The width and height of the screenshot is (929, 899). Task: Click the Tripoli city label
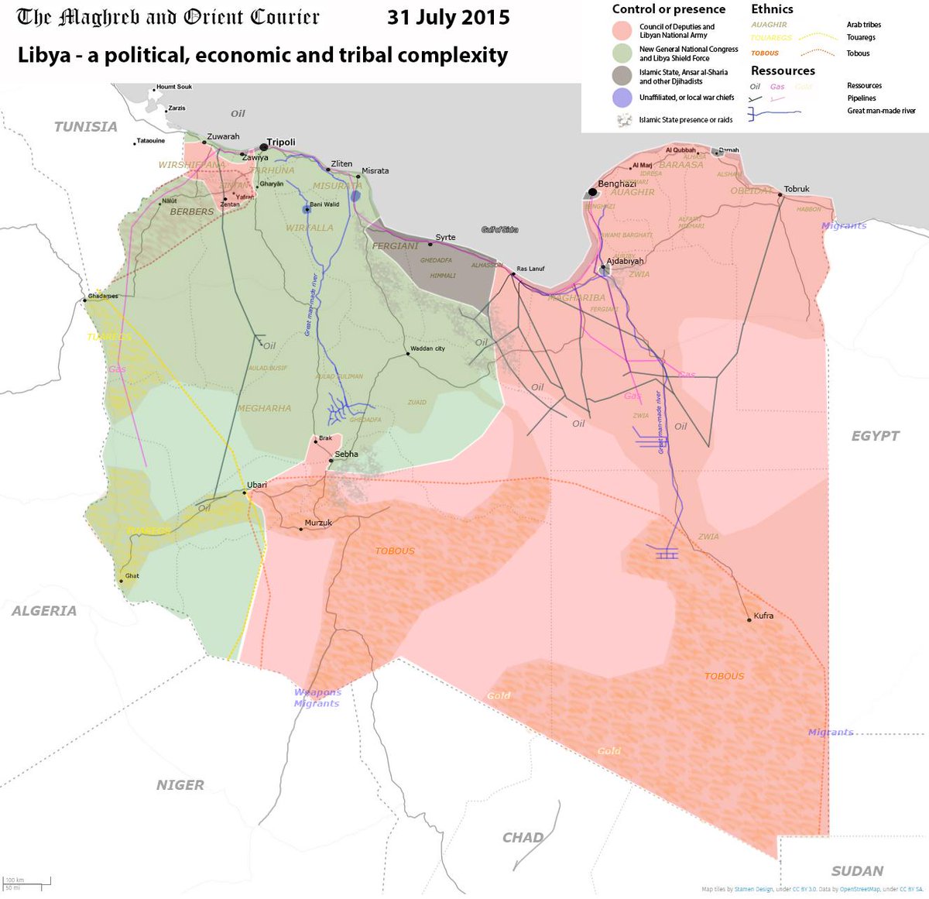click(281, 142)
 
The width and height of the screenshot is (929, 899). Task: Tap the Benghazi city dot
click(592, 191)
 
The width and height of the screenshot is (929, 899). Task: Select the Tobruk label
click(797, 189)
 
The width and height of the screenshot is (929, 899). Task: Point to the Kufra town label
click(763, 616)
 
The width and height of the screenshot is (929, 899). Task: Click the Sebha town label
click(346, 455)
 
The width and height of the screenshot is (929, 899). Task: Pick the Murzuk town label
click(318, 523)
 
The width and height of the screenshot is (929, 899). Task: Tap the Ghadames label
click(103, 297)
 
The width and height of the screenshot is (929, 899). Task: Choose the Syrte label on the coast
click(445, 238)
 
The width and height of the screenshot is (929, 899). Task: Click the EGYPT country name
click(876, 436)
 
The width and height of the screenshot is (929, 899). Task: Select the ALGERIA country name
click(44, 611)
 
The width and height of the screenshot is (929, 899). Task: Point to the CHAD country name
click(523, 838)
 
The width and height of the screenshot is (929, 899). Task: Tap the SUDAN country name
click(857, 871)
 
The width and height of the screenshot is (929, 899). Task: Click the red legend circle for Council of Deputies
click(622, 31)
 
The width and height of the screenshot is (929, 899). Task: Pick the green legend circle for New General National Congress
click(622, 53)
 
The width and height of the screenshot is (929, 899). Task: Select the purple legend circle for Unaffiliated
click(622, 98)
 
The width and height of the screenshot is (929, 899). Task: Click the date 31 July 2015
click(448, 17)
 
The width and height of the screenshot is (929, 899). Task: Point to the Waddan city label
click(427, 348)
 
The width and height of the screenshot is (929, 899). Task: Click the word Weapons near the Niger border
click(317, 692)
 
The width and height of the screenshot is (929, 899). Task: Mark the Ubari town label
click(257, 486)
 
